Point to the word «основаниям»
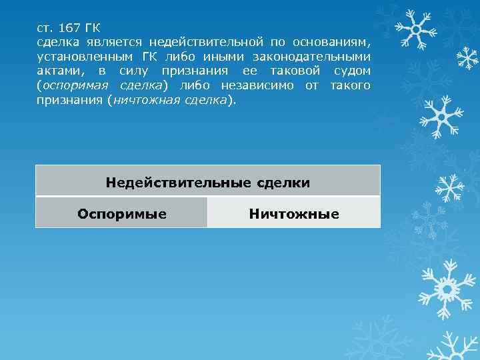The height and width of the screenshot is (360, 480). coord(331,42)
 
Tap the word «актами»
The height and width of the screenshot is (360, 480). coord(60,71)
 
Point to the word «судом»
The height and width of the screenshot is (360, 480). coord(351,71)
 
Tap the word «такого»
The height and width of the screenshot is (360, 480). coord(349,86)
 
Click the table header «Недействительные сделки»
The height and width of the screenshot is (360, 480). coord(207,181)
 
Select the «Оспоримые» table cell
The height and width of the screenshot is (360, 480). coord(121,213)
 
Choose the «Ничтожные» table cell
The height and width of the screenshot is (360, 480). coord(293,213)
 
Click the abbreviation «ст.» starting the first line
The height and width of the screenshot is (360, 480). coord(45,27)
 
